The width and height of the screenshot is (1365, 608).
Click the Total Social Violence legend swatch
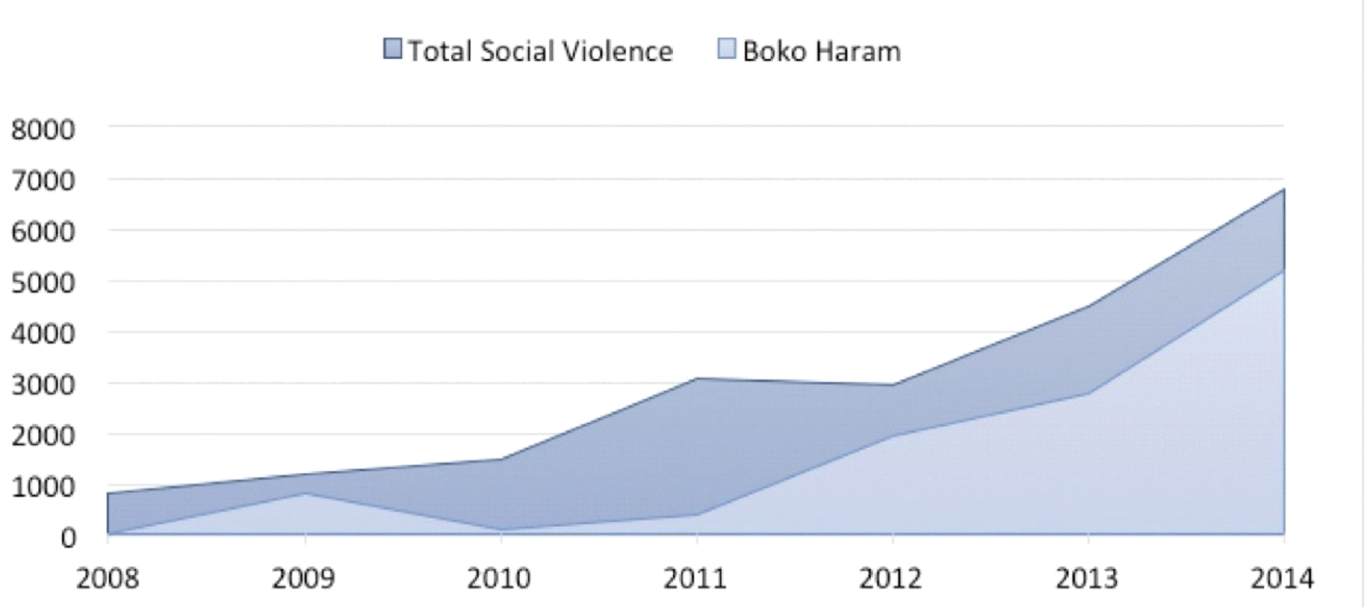pyautogui.click(x=393, y=49)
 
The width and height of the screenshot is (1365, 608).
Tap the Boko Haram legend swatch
pyautogui.click(x=727, y=49)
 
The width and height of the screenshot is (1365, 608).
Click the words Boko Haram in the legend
pyautogui.click(x=822, y=52)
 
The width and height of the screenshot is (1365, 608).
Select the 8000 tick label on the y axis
pyautogui.click(x=43, y=130)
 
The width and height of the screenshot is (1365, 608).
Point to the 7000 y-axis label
pyautogui.click(x=43, y=180)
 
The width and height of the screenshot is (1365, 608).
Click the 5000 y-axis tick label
pyautogui.click(x=43, y=283)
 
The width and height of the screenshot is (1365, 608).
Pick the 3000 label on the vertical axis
pyautogui.click(x=43, y=384)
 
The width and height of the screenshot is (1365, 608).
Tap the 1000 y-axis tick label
pyautogui.click(x=43, y=487)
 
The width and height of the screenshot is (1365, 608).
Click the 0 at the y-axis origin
pyautogui.click(x=68, y=537)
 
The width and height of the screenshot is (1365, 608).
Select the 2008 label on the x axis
pyautogui.click(x=107, y=579)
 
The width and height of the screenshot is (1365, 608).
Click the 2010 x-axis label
pyautogui.click(x=499, y=579)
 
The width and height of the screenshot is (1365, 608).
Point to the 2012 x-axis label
pyautogui.click(x=891, y=579)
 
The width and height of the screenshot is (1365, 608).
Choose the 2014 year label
pyautogui.click(x=1282, y=579)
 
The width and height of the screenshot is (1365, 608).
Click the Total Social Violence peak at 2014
pyautogui.click(x=1283, y=189)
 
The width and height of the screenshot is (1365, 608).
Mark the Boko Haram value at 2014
pyautogui.click(x=1283, y=270)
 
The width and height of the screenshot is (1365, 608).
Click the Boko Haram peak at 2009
pyautogui.click(x=304, y=493)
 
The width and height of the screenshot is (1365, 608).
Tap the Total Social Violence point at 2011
pyautogui.click(x=696, y=378)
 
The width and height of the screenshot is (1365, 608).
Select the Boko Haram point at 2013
pyautogui.click(x=1088, y=393)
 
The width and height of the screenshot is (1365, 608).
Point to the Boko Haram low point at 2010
pyautogui.click(x=501, y=529)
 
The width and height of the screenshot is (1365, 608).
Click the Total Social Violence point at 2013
pyautogui.click(x=1088, y=305)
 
